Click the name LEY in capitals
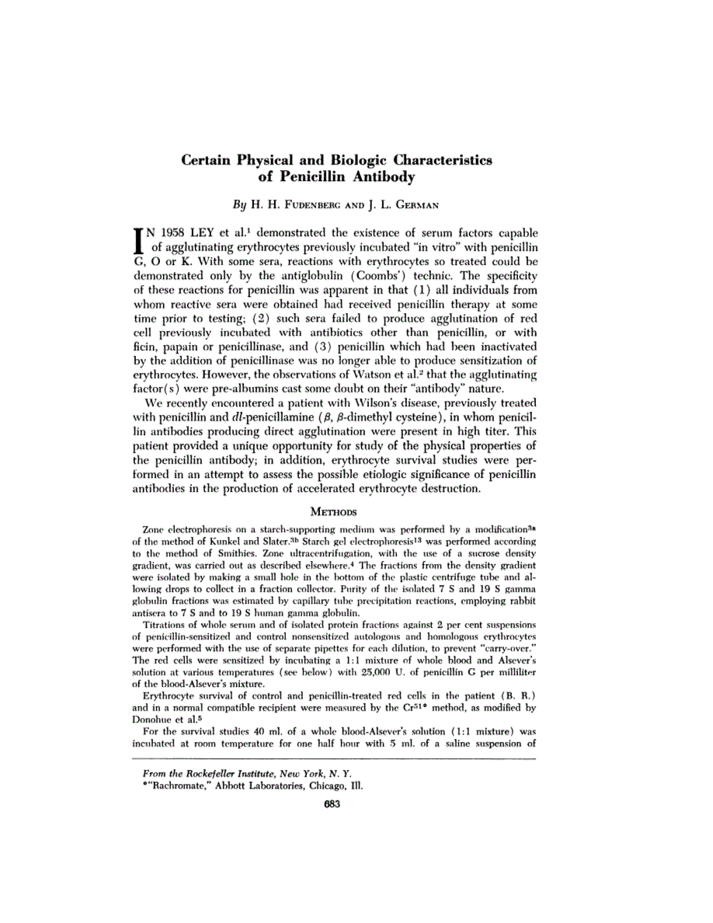221,232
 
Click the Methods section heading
333,512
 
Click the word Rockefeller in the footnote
224,774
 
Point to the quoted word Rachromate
179,785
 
